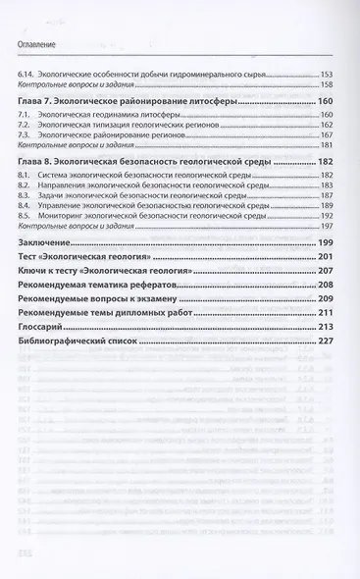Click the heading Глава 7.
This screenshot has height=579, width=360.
pos(40,101)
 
